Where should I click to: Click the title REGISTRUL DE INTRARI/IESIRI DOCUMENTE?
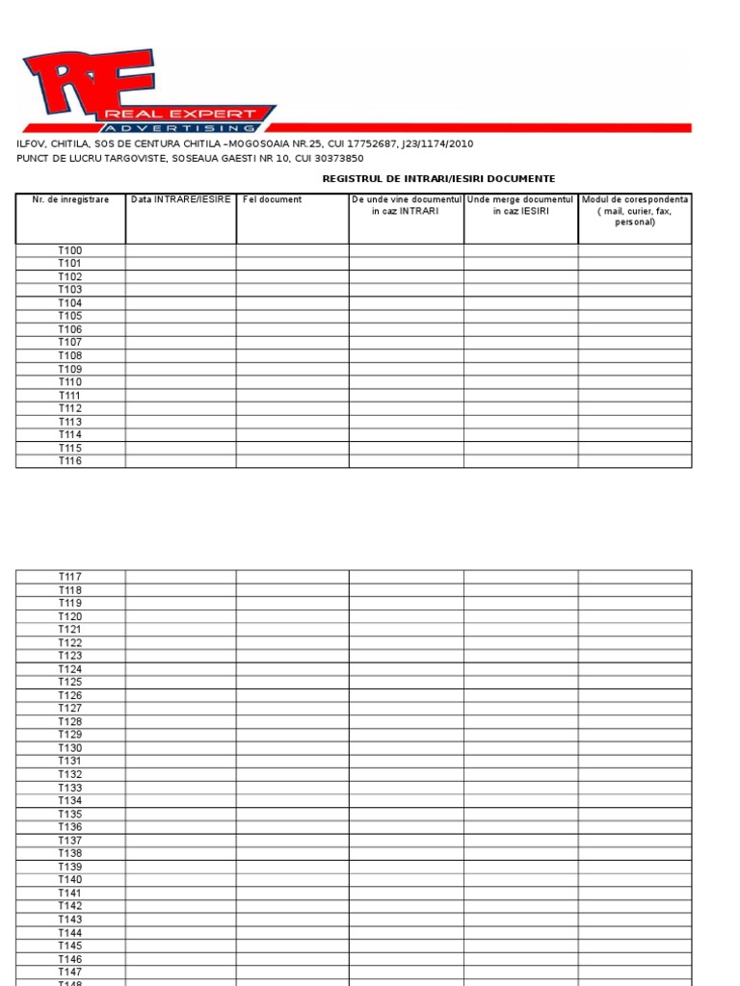438,179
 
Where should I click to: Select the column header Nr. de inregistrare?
70,200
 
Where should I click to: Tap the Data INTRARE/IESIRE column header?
181,200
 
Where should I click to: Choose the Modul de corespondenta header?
635,210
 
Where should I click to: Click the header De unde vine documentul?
406,205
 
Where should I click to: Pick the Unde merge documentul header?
520,205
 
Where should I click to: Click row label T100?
70,250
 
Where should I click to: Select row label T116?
70,461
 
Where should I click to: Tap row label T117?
70,577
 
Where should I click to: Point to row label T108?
70,355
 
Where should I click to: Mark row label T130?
70,748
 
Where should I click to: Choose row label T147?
70,972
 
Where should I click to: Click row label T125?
70,683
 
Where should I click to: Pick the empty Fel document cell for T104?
292,302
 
